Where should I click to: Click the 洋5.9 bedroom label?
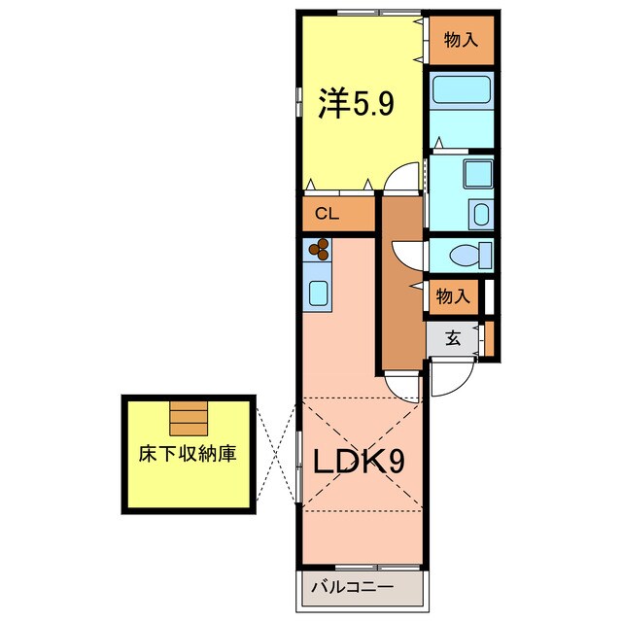coord(357,104)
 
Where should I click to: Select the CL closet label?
coord(326,216)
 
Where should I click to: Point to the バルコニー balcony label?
coord(352,587)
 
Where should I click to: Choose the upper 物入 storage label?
coord(462,40)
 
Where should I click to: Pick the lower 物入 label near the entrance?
coord(454,296)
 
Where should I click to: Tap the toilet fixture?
coord(472,255)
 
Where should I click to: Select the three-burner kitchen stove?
coord(319,252)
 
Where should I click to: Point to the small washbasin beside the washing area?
coord(480,213)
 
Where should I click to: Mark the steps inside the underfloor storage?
coord(188,419)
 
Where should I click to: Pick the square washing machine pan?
coord(477,175)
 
